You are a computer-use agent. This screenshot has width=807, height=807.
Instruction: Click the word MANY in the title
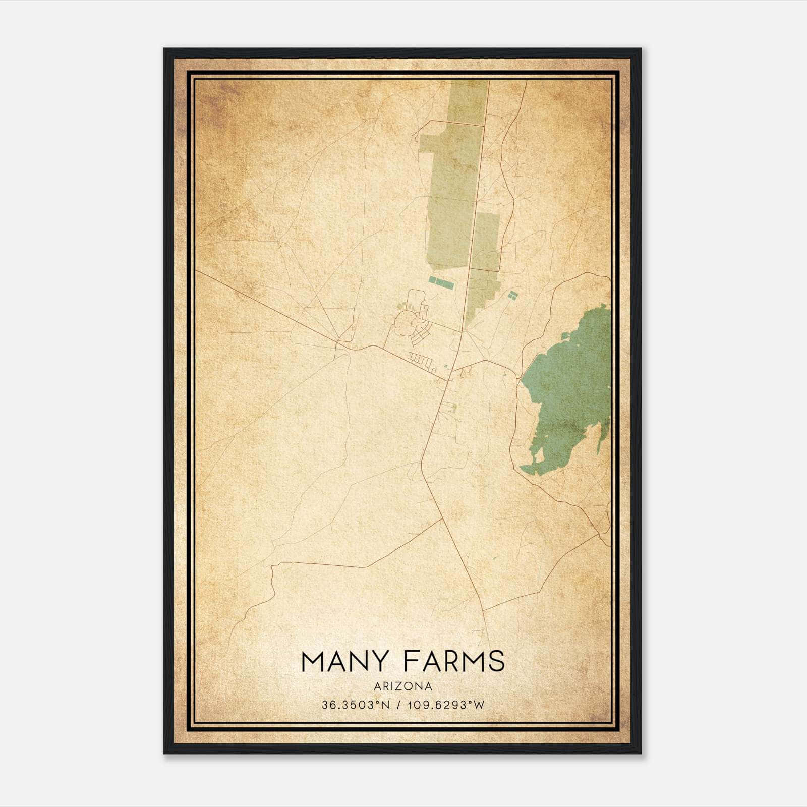[x=345, y=661]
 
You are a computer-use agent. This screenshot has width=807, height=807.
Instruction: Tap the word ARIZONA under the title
[x=403, y=686]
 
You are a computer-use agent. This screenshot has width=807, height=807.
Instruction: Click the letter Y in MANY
[x=384, y=661]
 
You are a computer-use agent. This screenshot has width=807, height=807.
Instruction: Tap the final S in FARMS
[x=497, y=661]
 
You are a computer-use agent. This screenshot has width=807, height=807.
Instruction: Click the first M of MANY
[x=311, y=661]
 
